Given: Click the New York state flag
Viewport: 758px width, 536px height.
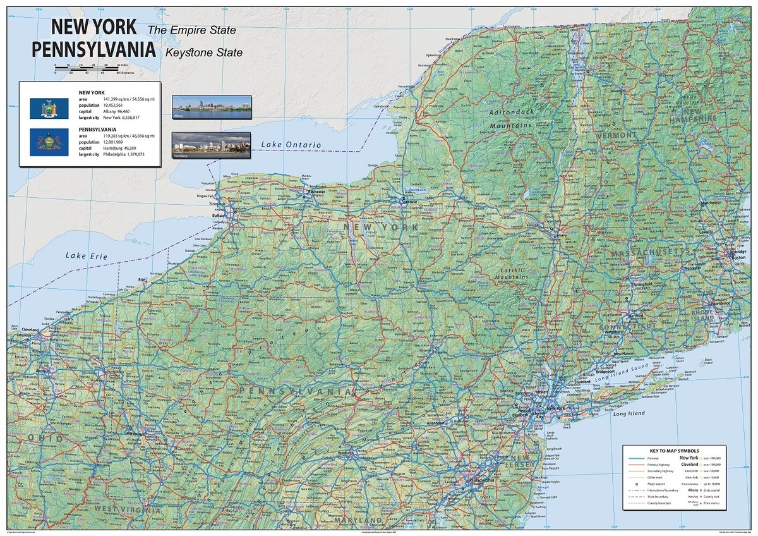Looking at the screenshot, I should coord(45,108).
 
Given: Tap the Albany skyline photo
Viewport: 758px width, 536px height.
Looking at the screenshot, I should coord(212,107).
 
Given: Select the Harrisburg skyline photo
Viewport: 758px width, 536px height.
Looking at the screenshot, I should coord(212,145).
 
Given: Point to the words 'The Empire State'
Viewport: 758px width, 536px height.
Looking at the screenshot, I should coord(191,30).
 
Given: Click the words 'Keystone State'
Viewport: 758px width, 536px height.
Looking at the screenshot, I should coord(203,53).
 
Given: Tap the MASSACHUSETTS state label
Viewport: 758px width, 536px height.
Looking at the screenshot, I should coord(651,253).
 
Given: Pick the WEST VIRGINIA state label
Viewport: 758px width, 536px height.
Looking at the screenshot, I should coord(123,508).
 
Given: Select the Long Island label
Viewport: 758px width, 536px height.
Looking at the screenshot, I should coord(629,413).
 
